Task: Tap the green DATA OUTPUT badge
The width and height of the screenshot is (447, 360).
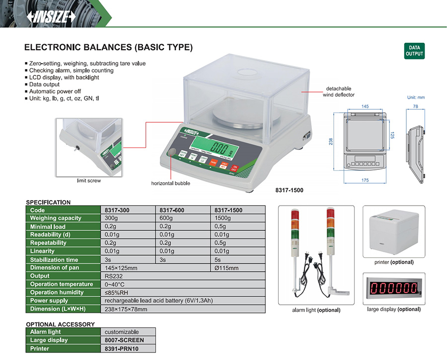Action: coord(414,51)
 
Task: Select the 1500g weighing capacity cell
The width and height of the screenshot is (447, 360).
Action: coord(223,218)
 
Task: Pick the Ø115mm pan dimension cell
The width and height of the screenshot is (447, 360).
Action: coord(226,268)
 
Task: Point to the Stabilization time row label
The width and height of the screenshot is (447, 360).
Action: coord(54,260)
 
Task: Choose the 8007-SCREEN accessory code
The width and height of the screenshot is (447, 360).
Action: coord(124,340)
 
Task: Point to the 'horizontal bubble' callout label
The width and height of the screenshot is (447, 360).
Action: coord(170,183)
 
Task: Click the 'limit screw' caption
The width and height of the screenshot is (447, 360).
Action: coord(88,181)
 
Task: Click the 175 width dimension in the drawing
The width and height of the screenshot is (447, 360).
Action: coord(365,180)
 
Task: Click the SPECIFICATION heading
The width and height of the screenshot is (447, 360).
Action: coord(48,202)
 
